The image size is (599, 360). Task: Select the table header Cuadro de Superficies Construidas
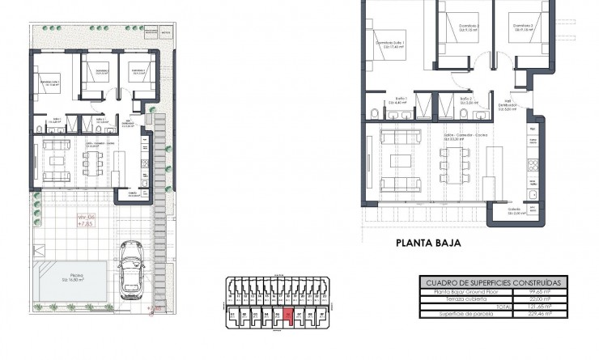[495, 281]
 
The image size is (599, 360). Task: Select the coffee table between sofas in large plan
[401, 159]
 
